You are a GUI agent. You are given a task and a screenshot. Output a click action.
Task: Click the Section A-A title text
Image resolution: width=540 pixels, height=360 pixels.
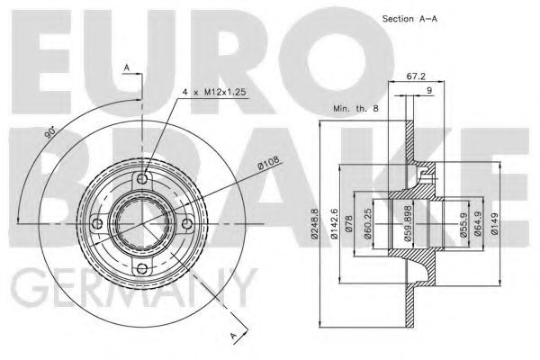[x=409, y=19]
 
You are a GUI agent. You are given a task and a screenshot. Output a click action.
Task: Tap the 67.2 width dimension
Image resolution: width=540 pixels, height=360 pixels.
[x=416, y=76]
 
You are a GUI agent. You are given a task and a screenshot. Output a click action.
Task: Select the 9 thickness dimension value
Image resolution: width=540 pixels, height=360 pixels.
[x=429, y=91]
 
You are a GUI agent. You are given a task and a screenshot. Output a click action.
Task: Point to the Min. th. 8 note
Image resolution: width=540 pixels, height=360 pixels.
[x=355, y=108]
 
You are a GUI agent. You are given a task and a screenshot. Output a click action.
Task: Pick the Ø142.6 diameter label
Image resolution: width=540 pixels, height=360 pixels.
[x=334, y=224]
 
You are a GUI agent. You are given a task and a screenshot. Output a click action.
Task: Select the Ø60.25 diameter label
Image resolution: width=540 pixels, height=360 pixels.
[x=367, y=224]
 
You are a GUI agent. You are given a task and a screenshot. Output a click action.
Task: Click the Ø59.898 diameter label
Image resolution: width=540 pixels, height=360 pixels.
[x=408, y=224]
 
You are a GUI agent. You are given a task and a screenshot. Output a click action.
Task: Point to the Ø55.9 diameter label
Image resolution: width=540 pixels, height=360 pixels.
[x=463, y=225]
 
